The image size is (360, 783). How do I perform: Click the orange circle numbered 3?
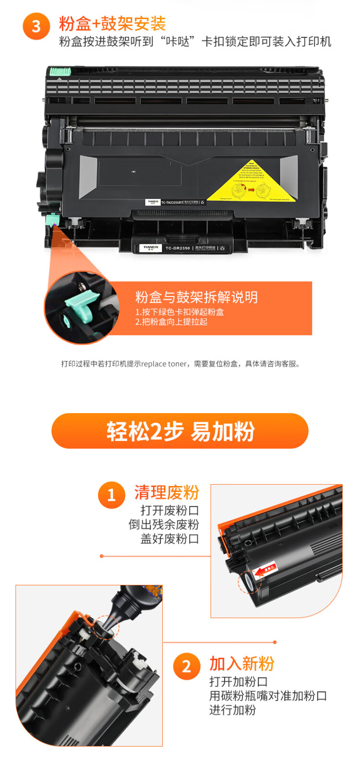pyautogui.click(x=36, y=26)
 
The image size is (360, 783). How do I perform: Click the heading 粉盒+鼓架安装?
pyautogui.click(x=112, y=24)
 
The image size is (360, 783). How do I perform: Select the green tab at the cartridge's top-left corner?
pyautogui.click(x=60, y=72)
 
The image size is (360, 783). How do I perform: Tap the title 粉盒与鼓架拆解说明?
pyautogui.click(x=196, y=297)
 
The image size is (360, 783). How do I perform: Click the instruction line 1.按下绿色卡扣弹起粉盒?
pyautogui.click(x=179, y=312)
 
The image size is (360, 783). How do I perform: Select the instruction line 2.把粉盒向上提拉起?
pyautogui.click(x=171, y=322)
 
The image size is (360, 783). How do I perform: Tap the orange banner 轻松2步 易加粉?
pyautogui.click(x=180, y=431)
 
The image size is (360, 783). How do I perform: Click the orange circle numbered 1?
pyautogui.click(x=111, y=495)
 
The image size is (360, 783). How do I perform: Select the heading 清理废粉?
pyautogui.click(x=167, y=492)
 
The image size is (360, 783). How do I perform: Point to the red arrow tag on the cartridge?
pyautogui.click(x=265, y=569)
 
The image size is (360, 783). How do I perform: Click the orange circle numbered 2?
pyautogui.click(x=187, y=666)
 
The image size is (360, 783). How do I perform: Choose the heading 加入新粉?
pyautogui.click(x=241, y=664)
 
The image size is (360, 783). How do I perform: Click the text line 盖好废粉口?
pyautogui.click(x=169, y=539)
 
